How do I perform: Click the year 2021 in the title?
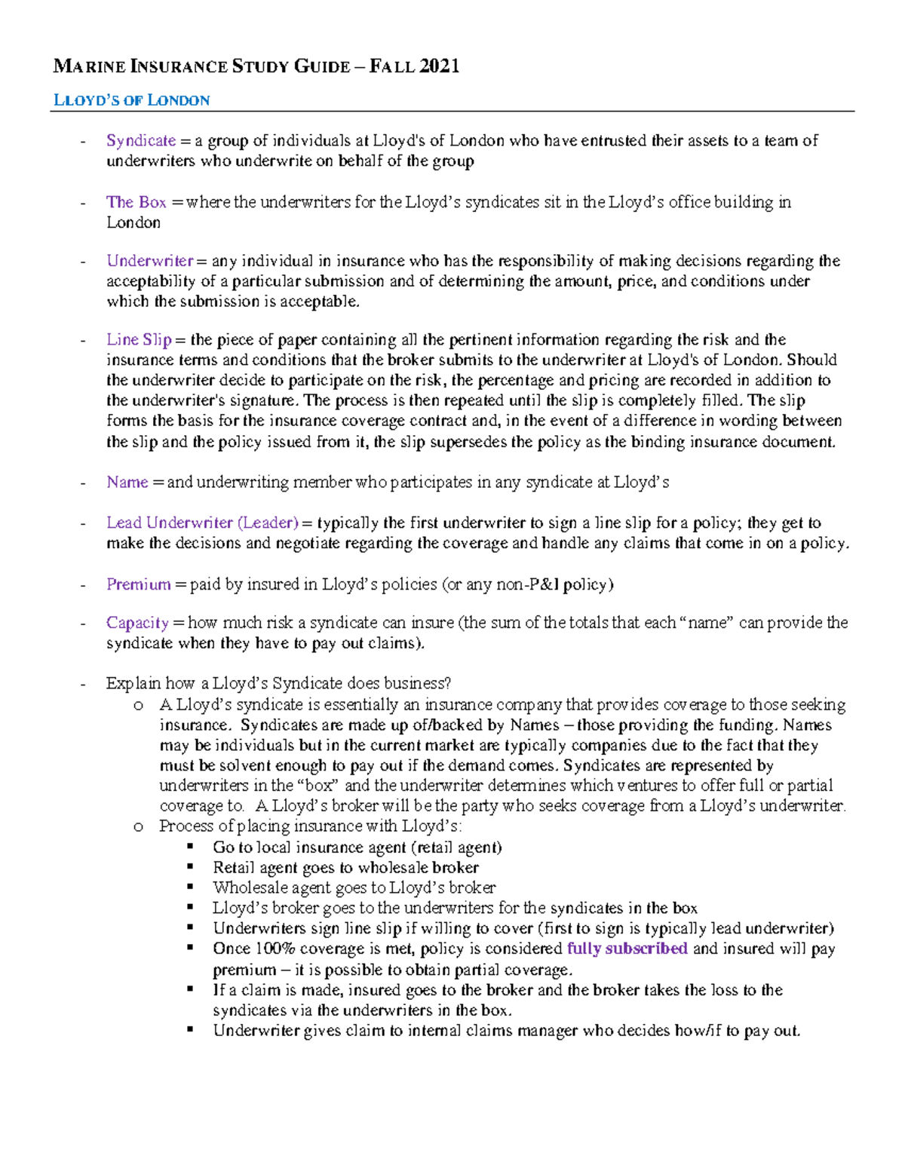(x=440, y=66)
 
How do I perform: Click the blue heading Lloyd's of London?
(x=131, y=100)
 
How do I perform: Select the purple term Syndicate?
(x=141, y=140)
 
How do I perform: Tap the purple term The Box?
(x=136, y=202)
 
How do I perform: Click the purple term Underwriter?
(x=150, y=261)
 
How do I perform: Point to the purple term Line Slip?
(x=139, y=339)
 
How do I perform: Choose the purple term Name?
(x=127, y=482)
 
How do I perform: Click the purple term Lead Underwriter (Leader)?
(x=202, y=523)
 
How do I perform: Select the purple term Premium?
(x=138, y=584)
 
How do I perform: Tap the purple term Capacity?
(x=137, y=623)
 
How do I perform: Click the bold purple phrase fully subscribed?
(x=627, y=949)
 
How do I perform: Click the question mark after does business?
(x=448, y=684)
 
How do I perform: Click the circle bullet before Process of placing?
(x=138, y=826)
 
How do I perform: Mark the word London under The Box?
(x=133, y=222)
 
